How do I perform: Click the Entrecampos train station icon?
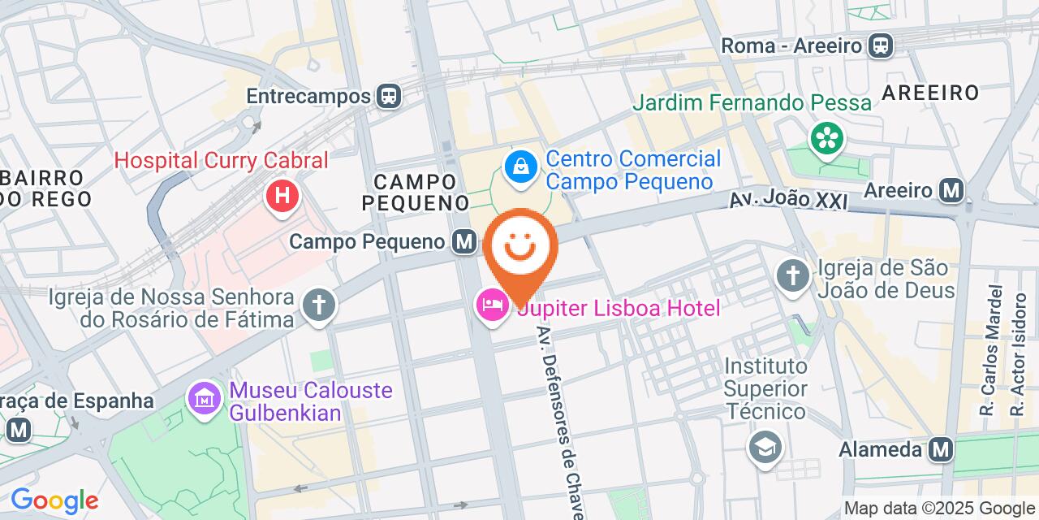pyautogui.click(x=389, y=96)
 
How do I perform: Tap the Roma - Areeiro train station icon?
pyautogui.click(x=880, y=45)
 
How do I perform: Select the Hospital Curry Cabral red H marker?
pyautogui.click(x=282, y=196)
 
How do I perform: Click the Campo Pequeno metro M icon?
pyautogui.click(x=464, y=241)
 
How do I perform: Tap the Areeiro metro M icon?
pyautogui.click(x=951, y=190)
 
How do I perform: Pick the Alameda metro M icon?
pyautogui.click(x=941, y=448)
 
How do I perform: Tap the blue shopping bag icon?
pyautogui.click(x=519, y=167)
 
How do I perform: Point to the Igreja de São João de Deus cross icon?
pyautogui.click(x=792, y=276)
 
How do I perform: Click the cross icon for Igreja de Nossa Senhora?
pyautogui.click(x=319, y=306)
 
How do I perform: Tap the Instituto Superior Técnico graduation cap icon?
pyautogui.click(x=764, y=446)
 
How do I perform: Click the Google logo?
pyautogui.click(x=54, y=500)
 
